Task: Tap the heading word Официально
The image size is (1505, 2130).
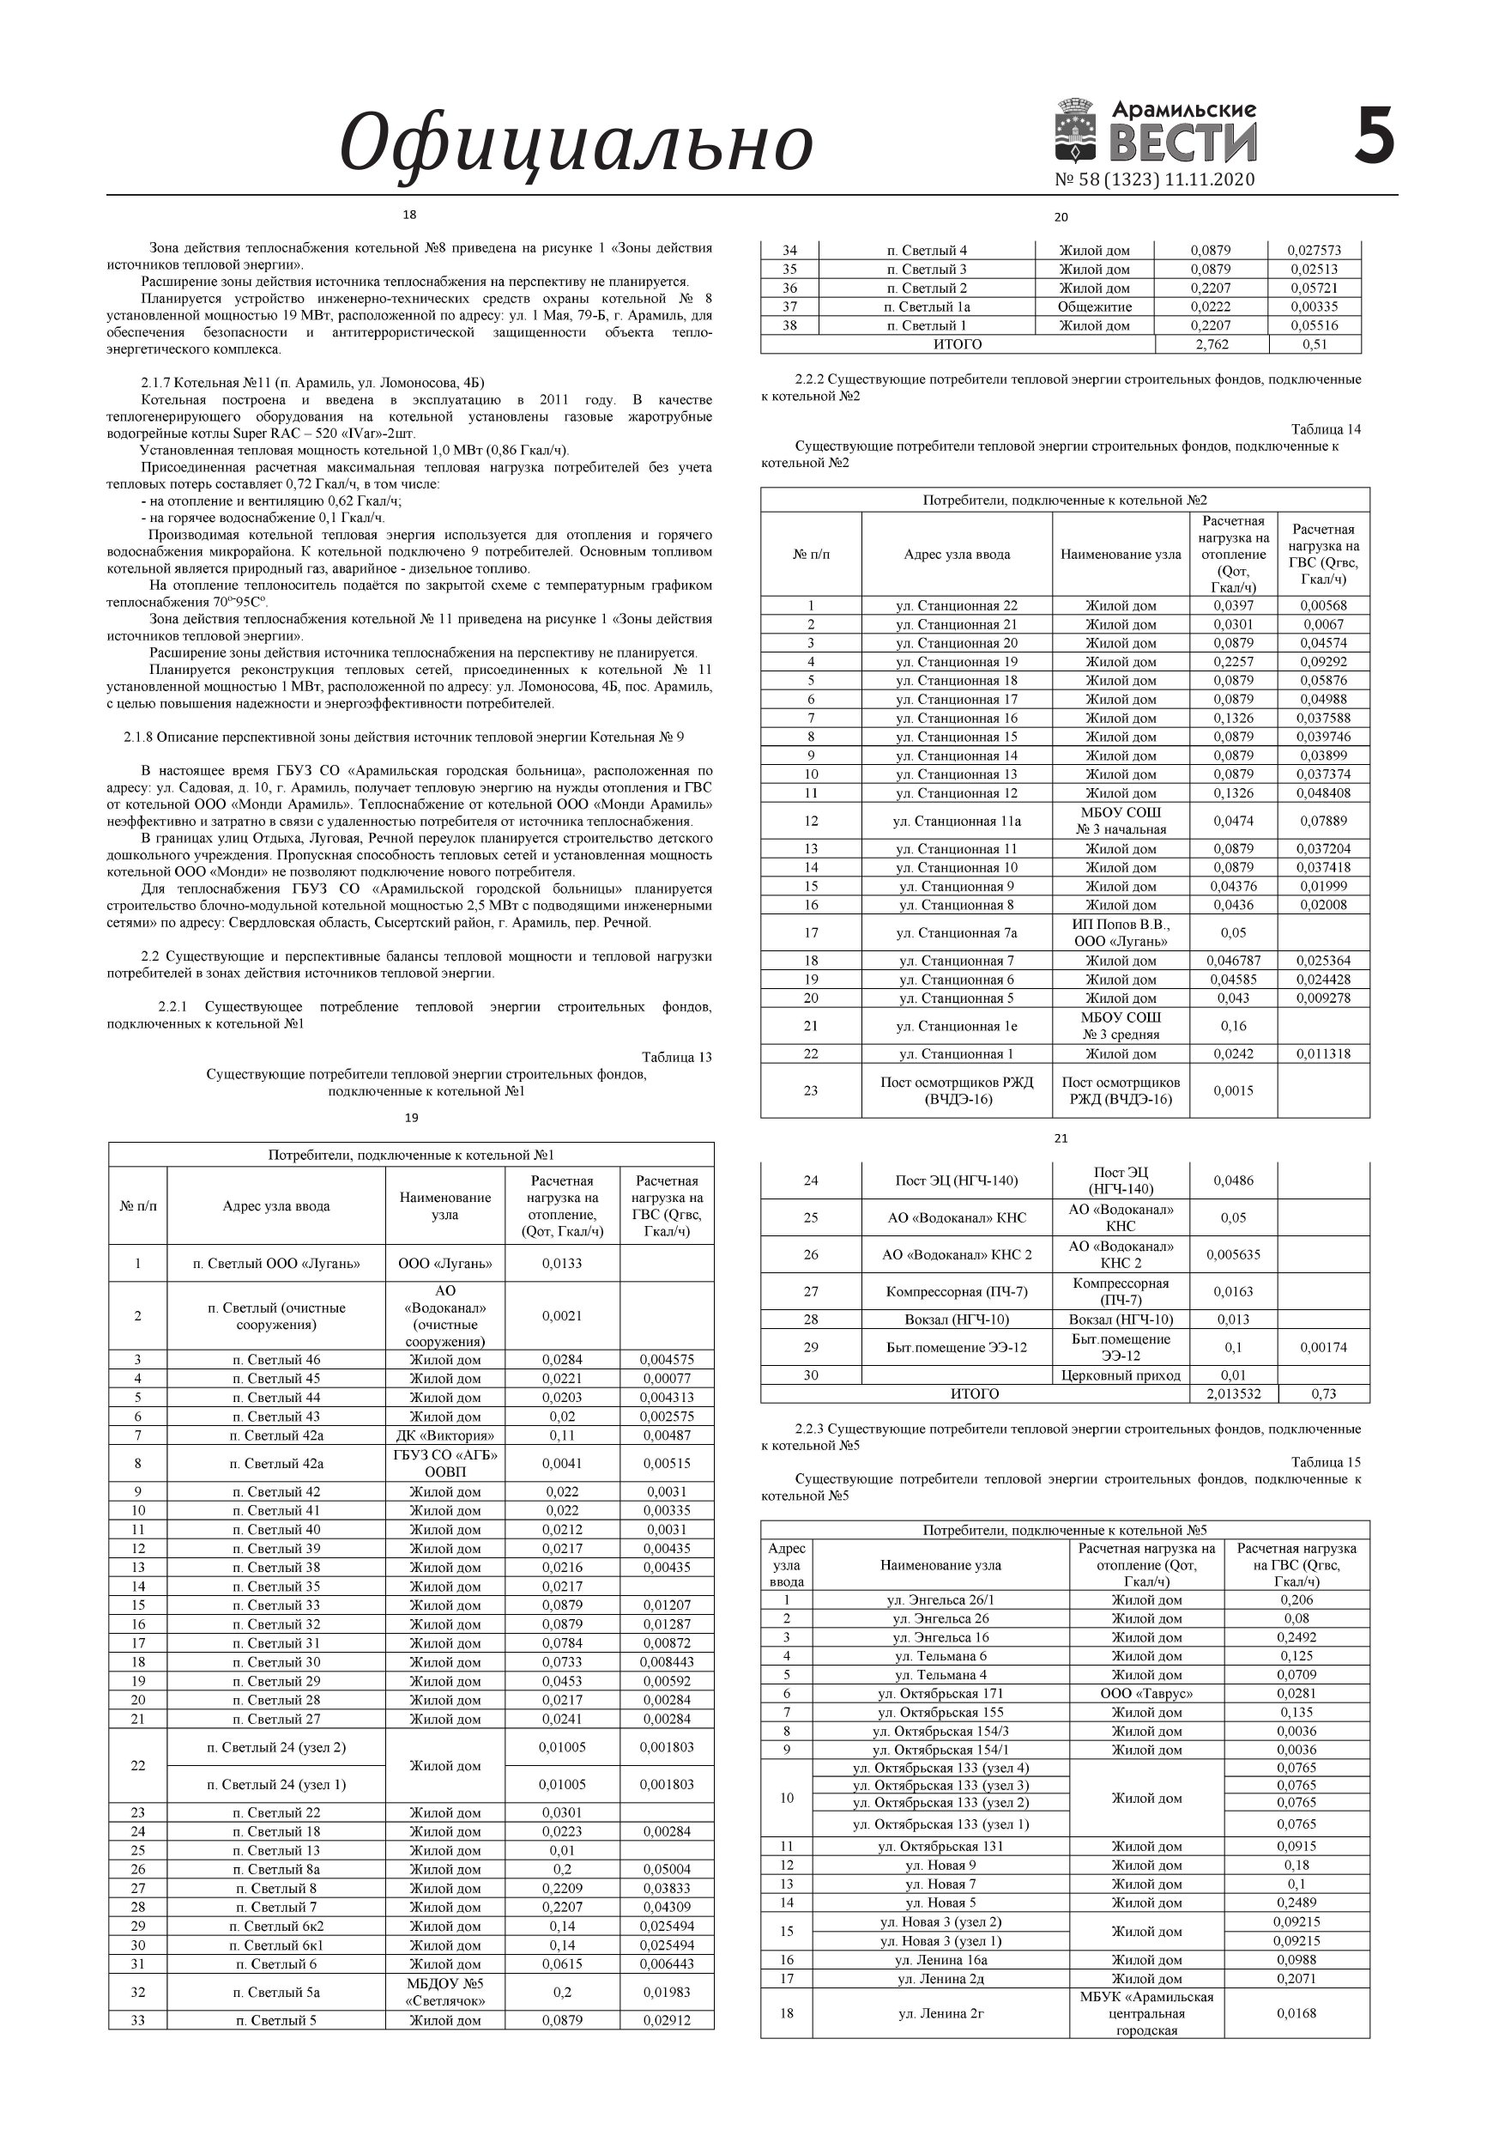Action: (x=576, y=143)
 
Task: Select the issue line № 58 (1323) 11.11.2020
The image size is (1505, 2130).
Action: (x=1154, y=179)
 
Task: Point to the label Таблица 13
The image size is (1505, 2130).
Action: (x=676, y=1057)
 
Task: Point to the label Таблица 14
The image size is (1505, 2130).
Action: (x=1325, y=429)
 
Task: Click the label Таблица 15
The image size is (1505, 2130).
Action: (x=1325, y=1462)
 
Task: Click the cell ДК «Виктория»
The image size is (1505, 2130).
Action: (x=445, y=1435)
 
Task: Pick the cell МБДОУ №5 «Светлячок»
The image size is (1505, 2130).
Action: (x=445, y=1992)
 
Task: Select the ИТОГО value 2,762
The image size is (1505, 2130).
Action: (x=1211, y=344)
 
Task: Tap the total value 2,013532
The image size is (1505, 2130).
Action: (x=1233, y=1393)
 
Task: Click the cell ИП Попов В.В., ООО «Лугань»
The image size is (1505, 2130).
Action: (x=1121, y=932)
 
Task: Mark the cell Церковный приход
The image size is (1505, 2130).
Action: (x=1121, y=1374)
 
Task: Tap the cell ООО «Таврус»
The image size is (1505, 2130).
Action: (x=1146, y=1693)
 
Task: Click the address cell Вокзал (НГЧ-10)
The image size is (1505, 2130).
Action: (x=956, y=1320)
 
